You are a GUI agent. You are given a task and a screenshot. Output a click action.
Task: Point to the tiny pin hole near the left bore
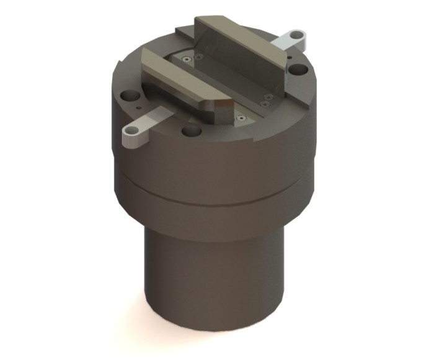pyautogui.click(x=135, y=110)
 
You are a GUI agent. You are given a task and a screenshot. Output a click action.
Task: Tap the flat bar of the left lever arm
pyautogui.click(x=155, y=118)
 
